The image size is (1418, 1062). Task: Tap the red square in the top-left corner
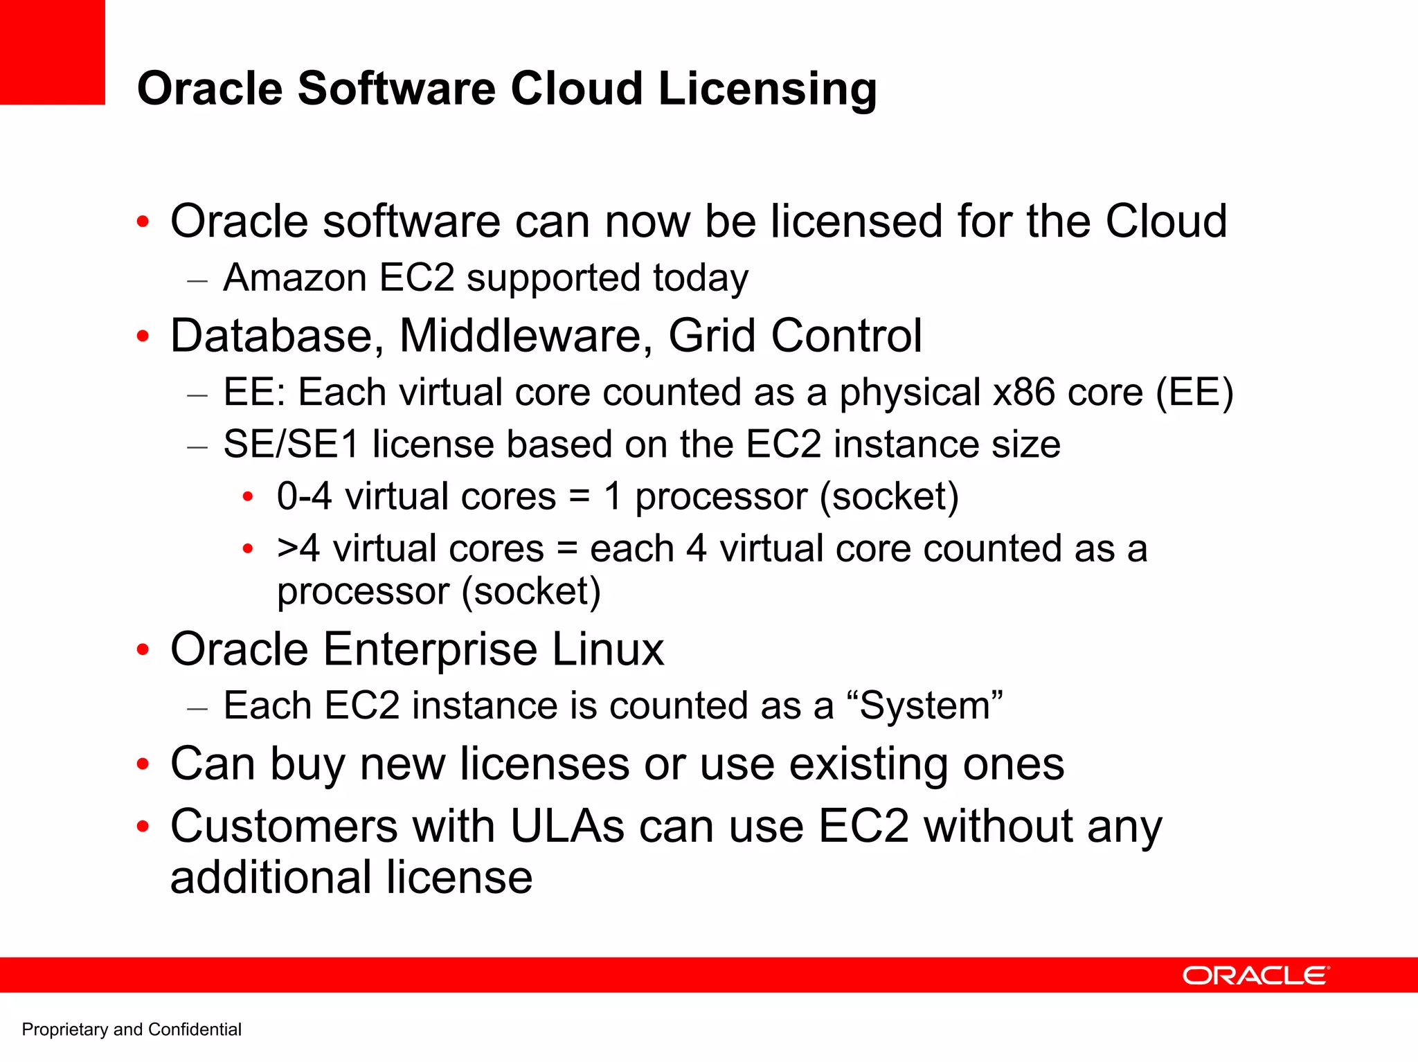(x=52, y=52)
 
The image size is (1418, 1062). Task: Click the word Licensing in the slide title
(x=767, y=90)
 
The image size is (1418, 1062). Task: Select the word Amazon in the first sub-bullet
(x=295, y=278)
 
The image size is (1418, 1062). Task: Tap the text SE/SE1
(x=291, y=444)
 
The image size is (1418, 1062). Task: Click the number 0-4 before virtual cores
(x=304, y=496)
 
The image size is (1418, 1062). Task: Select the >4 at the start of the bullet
(x=298, y=549)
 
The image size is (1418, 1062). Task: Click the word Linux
(x=608, y=649)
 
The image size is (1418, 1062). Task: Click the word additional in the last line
(x=271, y=878)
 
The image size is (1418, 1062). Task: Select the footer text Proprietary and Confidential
(x=132, y=1029)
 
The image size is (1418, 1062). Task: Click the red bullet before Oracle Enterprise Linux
(x=143, y=650)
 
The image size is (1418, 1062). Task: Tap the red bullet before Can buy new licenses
(x=143, y=764)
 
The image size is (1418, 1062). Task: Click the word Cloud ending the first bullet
(x=1165, y=222)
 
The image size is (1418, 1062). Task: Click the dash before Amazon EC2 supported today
(x=197, y=280)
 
